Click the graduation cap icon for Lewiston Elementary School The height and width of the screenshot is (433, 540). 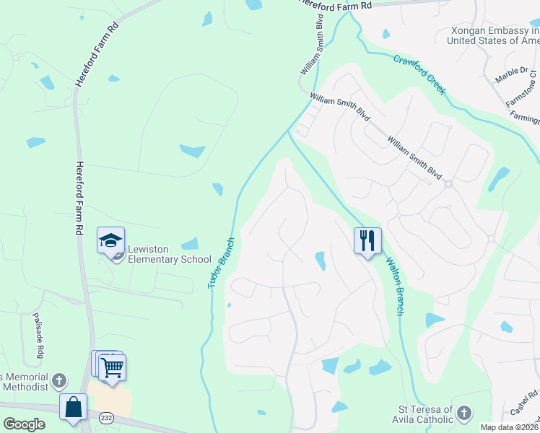[x=110, y=240]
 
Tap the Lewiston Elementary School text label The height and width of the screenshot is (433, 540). [x=169, y=255]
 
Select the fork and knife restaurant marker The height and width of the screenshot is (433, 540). [x=367, y=240]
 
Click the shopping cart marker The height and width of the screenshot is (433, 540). [x=113, y=368]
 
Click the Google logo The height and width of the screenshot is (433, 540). [x=24, y=424]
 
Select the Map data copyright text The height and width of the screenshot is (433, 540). [x=510, y=427]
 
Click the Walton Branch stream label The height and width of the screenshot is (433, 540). [x=394, y=287]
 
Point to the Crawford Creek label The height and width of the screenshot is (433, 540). [x=419, y=74]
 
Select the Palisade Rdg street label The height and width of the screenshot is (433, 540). [x=38, y=336]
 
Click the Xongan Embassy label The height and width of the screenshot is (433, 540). [x=494, y=35]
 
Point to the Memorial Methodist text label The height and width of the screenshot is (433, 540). [x=25, y=383]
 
